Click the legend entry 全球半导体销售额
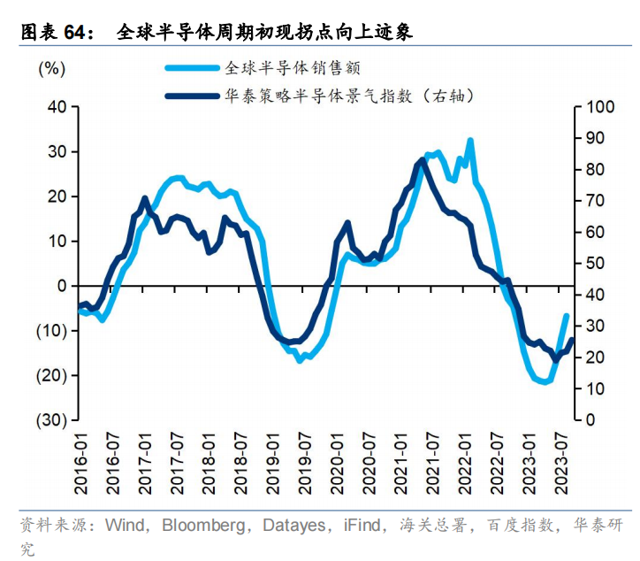(292, 68)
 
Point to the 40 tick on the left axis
(57, 107)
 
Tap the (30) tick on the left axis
(52, 419)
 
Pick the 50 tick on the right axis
(591, 264)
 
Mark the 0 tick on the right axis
(587, 419)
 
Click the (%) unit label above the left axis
(53, 69)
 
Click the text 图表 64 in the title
(56, 34)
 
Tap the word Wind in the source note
(125, 526)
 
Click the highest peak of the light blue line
(470, 140)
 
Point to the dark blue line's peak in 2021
(422, 160)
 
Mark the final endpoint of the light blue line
(566, 316)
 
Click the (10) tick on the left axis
(52, 330)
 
